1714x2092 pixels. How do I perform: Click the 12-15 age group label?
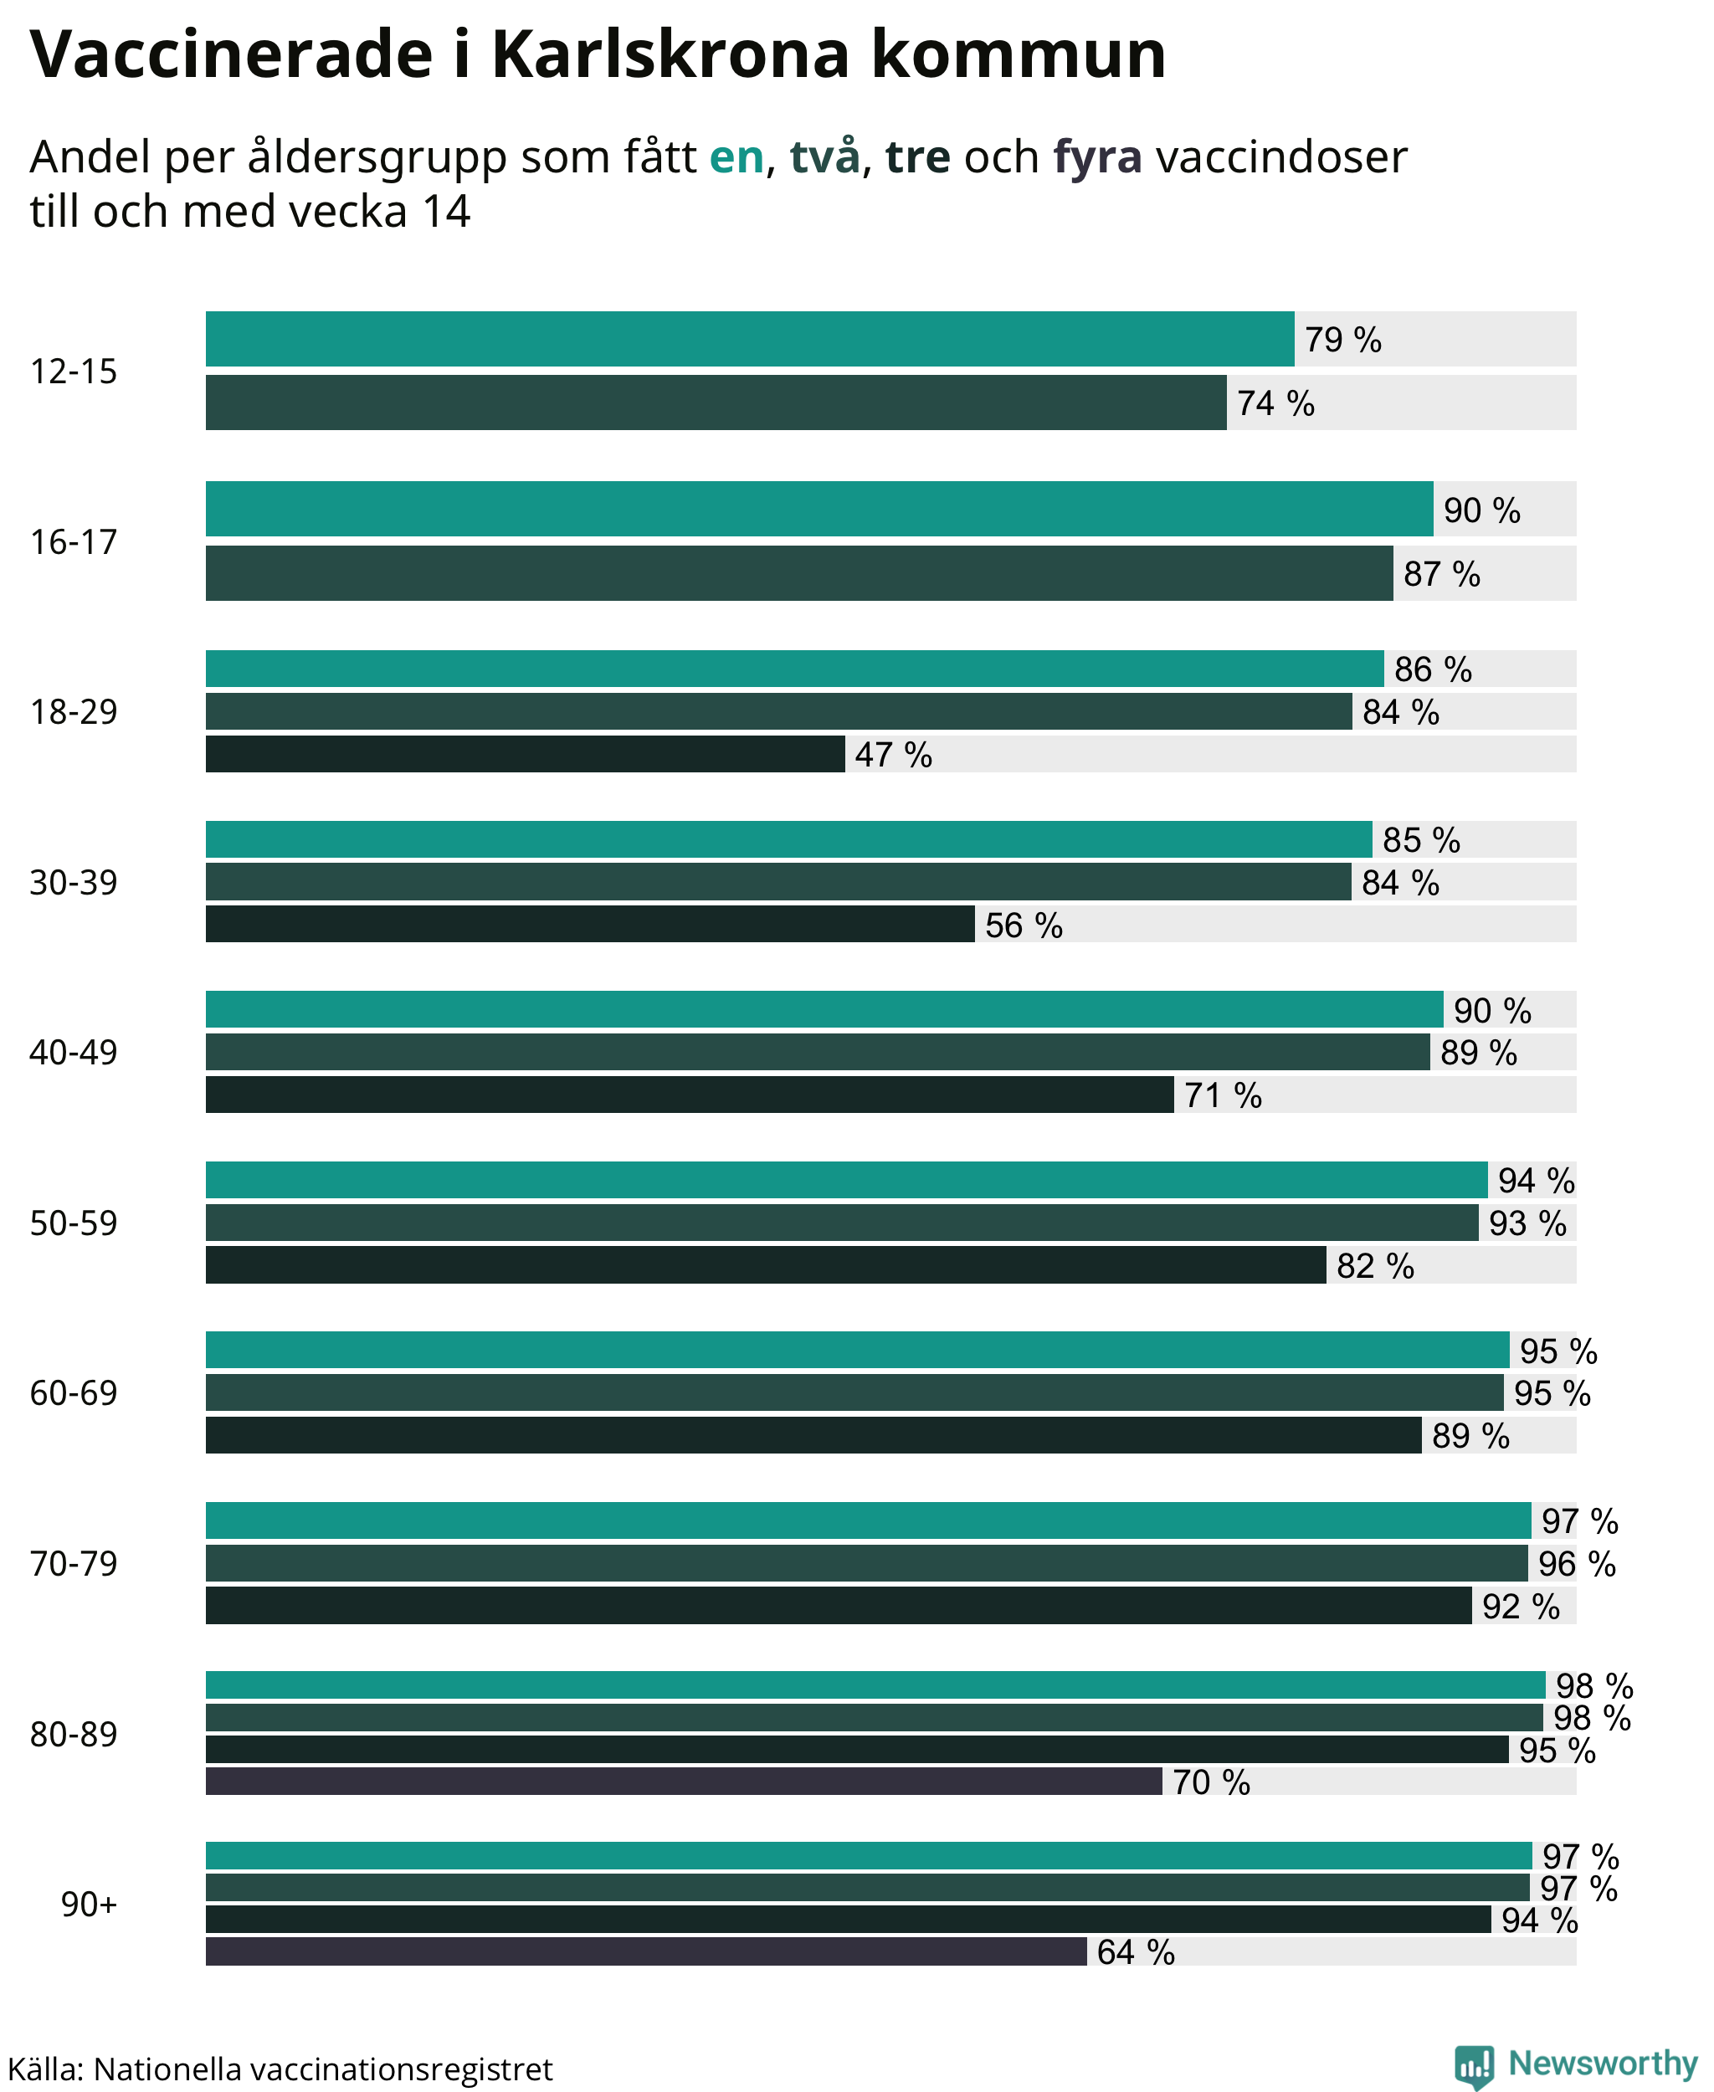(x=73, y=372)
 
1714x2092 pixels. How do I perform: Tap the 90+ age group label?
(x=89, y=1904)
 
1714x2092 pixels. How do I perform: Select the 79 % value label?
(x=1342, y=340)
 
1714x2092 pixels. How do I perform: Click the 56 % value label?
(x=1024, y=925)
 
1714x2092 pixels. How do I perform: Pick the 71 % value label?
(x=1224, y=1095)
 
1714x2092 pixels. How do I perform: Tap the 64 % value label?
(x=1136, y=1951)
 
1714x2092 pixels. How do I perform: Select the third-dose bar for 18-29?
(x=526, y=754)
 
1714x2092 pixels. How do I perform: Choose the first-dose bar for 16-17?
(x=819, y=509)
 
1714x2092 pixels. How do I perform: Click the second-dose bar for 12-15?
(x=716, y=402)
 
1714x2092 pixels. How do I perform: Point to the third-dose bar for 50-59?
(x=766, y=1264)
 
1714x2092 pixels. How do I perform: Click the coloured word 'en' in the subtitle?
(x=736, y=157)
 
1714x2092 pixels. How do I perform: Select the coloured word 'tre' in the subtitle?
(x=917, y=157)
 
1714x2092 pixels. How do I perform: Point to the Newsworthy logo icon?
(x=1474, y=2065)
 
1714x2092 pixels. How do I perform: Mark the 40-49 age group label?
(x=73, y=1053)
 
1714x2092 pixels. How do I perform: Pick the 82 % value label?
(x=1375, y=1266)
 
